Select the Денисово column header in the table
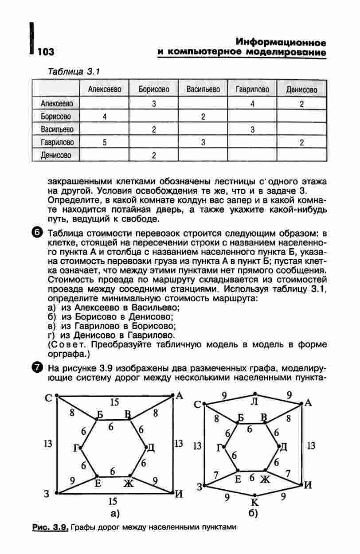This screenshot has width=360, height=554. coord(301,90)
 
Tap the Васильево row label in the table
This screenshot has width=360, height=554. coord(57,129)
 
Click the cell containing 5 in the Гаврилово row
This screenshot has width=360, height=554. coord(104,142)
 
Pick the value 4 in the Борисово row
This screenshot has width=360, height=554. coord(104,117)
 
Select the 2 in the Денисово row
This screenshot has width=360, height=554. coord(153,155)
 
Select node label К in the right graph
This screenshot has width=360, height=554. coord(254,503)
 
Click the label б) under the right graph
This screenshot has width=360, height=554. coord(254,514)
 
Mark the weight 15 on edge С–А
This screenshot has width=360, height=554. coord(114,402)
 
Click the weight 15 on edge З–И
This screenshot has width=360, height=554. coord(113,501)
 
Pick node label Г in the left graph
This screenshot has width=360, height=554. coord(76,449)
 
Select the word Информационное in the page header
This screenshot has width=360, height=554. coord(281,43)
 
